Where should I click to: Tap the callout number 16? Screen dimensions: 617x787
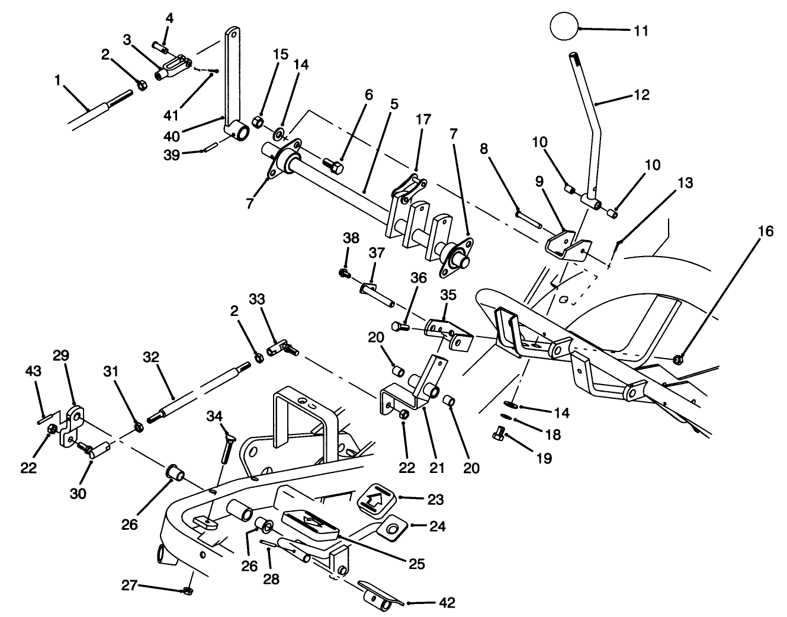tap(765, 231)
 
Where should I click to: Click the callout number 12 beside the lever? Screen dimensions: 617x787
tap(641, 95)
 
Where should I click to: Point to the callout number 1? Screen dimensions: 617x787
tap(57, 79)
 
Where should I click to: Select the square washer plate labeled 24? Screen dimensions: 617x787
tap(391, 527)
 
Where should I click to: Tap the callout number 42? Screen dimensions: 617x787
tap(447, 603)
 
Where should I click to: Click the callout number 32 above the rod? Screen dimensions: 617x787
tap(151, 357)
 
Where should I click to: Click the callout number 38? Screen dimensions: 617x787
tap(351, 238)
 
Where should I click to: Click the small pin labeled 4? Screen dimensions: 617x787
tap(160, 45)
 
